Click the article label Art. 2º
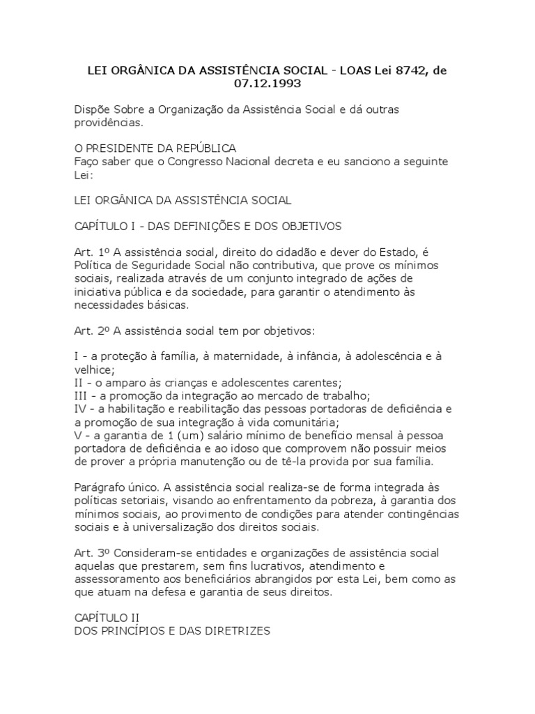tap(88, 331)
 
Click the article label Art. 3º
tap(88, 552)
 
